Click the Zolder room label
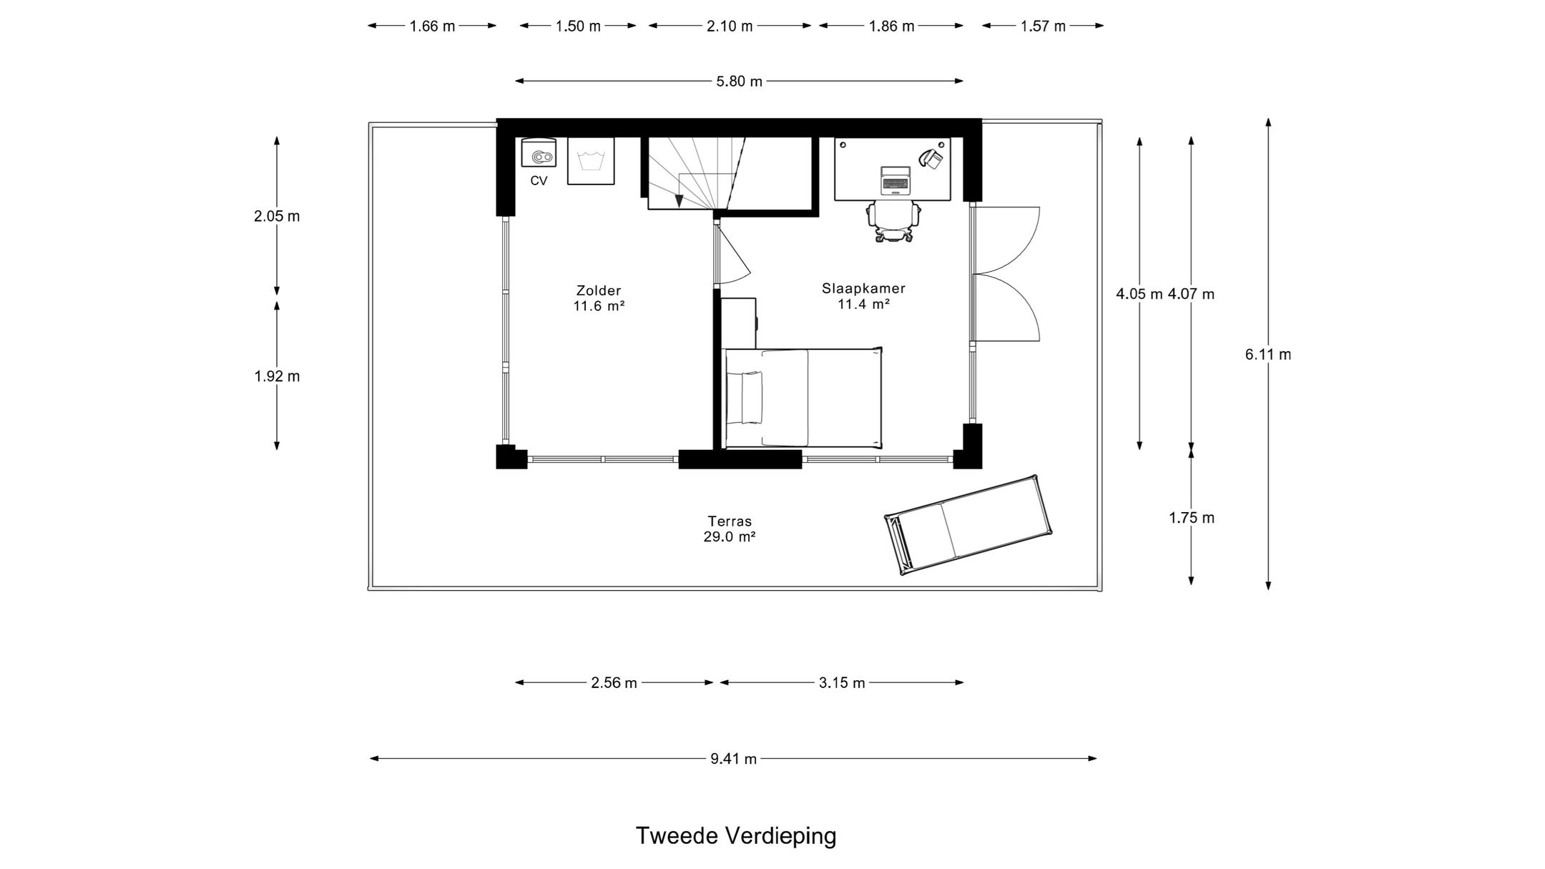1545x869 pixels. pos(599,290)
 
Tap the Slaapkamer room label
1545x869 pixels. pos(863,288)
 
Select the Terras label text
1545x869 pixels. pos(730,521)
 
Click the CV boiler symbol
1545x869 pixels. pos(538,154)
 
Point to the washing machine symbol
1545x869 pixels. pos(591,161)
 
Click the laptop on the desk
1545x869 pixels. pos(896,180)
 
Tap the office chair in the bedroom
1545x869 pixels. pos(893,221)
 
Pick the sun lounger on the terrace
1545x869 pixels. pos(968,525)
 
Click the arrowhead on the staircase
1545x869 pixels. pos(679,201)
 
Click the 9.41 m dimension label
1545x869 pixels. pos(733,759)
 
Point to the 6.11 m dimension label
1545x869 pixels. pos(1268,354)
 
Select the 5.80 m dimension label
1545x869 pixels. pos(740,82)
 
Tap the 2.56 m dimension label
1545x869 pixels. pos(614,683)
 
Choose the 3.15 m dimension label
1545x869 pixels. pos(842,683)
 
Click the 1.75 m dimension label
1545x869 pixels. pos(1192,518)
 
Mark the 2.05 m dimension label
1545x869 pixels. pos(277,216)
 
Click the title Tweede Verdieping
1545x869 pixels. pos(736,835)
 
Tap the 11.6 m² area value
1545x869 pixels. pos(599,306)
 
